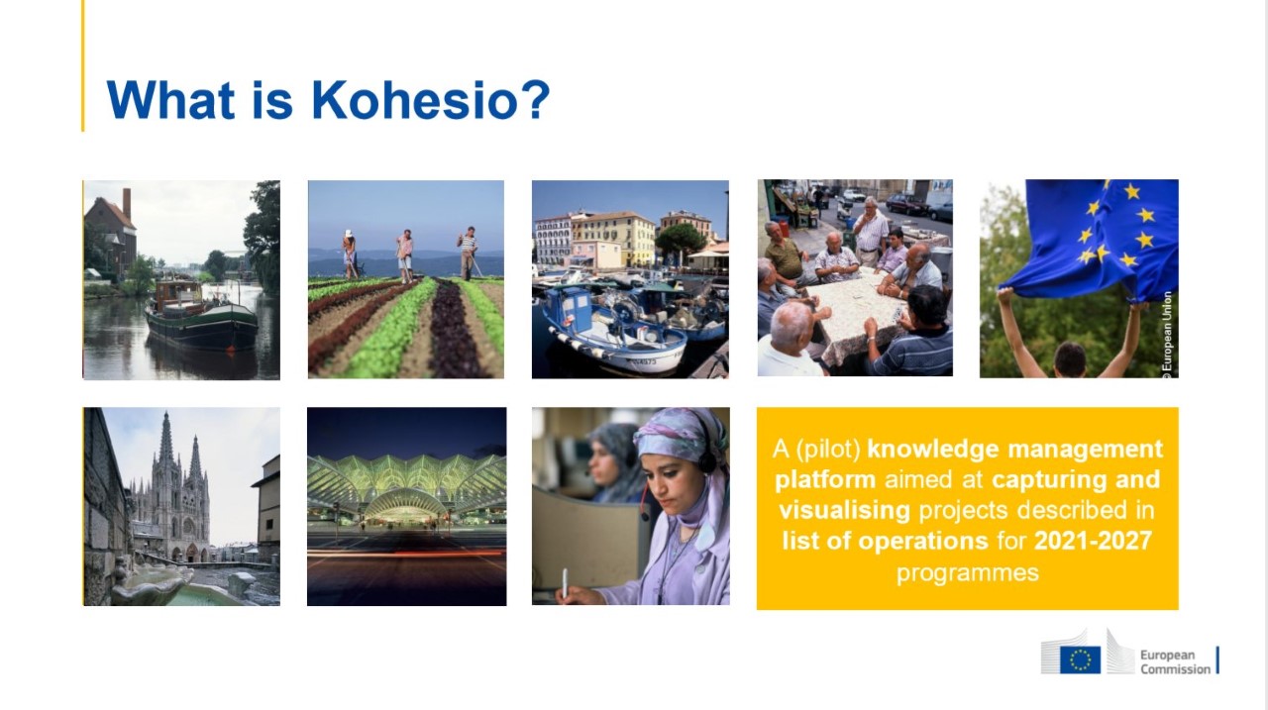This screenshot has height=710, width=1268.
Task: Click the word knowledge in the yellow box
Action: (933, 450)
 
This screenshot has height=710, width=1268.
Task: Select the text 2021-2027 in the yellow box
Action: (1093, 541)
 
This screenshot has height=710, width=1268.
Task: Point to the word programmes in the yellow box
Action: (968, 573)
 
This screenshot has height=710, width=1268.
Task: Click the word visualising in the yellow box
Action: (844, 510)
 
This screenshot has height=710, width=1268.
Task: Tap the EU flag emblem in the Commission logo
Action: (1080, 659)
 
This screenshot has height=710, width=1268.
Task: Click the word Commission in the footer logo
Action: (1175, 669)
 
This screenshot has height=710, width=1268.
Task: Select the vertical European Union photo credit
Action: (1167, 335)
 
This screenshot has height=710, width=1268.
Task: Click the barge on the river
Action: (201, 314)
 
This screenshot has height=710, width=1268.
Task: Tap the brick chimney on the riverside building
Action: (127, 204)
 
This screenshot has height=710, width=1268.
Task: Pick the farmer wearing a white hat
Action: (350, 254)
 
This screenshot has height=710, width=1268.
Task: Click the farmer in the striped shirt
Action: (468, 253)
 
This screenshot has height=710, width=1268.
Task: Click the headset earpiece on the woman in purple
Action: (706, 461)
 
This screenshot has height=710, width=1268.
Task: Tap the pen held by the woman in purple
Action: (565, 583)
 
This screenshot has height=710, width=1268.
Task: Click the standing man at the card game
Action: (871, 231)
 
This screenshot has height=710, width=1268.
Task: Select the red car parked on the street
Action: (906, 204)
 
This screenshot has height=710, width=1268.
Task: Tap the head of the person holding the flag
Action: (1069, 359)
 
